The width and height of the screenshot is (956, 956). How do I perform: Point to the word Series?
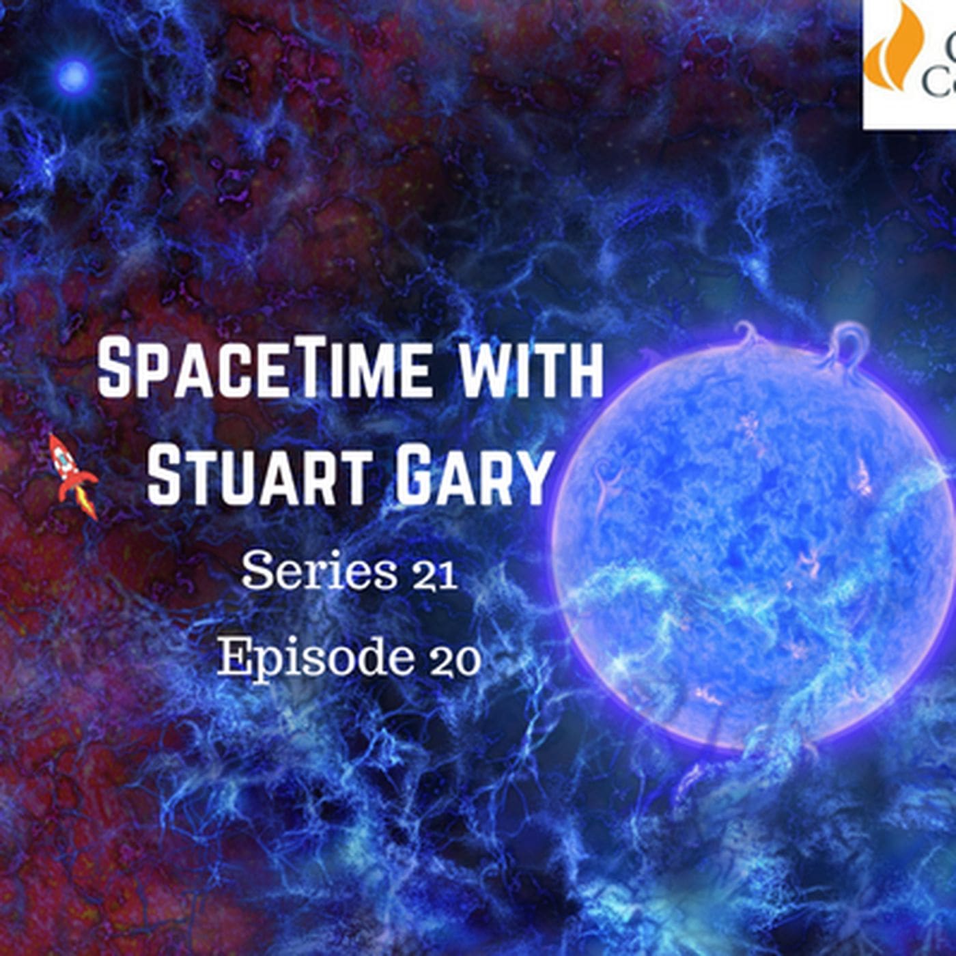pyautogui.click(x=318, y=572)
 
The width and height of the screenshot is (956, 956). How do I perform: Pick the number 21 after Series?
pyautogui.click(x=434, y=575)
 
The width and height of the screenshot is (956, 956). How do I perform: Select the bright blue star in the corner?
pyautogui.click(x=74, y=76)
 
